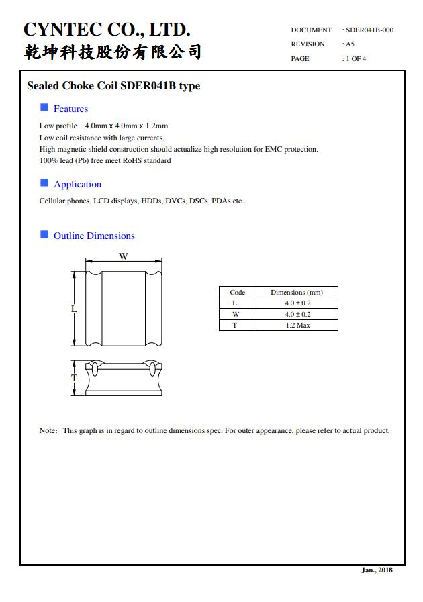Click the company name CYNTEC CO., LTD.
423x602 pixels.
pos(107,30)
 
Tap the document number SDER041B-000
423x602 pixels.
pos(369,30)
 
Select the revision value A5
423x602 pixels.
pos(350,44)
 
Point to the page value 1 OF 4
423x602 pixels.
pos(356,59)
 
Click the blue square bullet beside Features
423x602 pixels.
pos(44,107)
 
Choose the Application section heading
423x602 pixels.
pos(77,185)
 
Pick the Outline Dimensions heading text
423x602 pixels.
pos(94,236)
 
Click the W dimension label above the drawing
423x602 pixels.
pos(124,256)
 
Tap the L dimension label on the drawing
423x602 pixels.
pos(74,309)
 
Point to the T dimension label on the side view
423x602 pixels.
pos(74,378)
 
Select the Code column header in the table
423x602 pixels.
pos(238,293)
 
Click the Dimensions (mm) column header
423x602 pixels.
pos(297,293)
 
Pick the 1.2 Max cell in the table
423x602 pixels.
pos(297,325)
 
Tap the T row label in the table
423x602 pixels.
pos(235,325)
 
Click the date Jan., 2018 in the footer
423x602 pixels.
pos(377,570)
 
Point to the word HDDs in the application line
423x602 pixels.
pos(152,201)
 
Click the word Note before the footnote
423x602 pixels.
pos(48,431)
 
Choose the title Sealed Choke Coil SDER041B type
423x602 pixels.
pos(113,86)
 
